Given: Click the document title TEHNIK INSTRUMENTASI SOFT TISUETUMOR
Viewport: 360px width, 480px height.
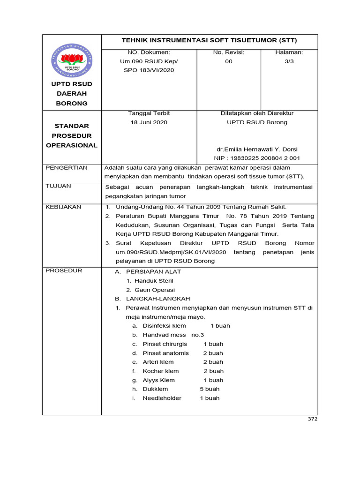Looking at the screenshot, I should (210, 40).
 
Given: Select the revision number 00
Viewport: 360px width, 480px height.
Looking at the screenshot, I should (228, 61).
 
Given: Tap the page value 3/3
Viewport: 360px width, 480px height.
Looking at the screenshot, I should (289, 61).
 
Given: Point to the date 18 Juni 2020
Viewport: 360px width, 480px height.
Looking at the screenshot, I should (149, 122).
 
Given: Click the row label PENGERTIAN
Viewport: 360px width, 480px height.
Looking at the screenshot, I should (66, 168).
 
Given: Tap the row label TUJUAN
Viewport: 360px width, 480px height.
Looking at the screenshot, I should (59, 186).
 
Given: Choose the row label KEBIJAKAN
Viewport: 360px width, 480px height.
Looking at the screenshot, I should (63, 207).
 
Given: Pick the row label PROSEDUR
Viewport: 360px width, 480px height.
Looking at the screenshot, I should (64, 270).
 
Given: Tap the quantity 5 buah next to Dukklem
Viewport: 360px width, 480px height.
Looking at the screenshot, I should (210, 389).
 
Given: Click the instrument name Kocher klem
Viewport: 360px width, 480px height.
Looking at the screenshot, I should (160, 371).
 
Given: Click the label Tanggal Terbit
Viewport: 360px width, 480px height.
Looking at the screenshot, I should (149, 113).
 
